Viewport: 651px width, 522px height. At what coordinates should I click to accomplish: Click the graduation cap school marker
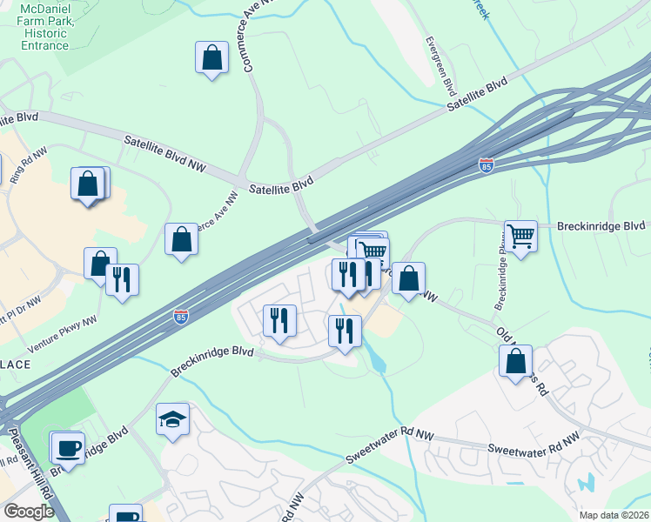[x=172, y=419]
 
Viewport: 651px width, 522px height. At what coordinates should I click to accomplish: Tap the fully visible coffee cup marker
[x=67, y=448]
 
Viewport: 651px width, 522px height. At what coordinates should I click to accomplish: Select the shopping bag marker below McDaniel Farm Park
[x=211, y=58]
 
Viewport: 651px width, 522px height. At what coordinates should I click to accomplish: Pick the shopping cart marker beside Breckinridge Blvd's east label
[x=520, y=236]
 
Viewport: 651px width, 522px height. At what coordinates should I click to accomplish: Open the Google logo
[x=29, y=512]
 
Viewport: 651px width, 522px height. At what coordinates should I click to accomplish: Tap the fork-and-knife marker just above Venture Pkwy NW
[x=122, y=280]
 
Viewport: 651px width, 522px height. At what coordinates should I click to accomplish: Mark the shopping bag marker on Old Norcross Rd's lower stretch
[x=516, y=360]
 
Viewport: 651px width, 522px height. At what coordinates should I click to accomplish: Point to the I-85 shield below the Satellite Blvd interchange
[x=487, y=165]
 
